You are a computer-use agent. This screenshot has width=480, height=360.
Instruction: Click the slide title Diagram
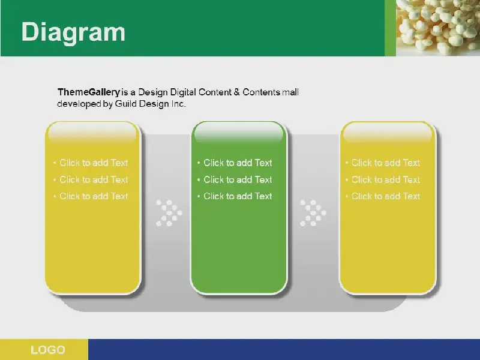[x=73, y=32]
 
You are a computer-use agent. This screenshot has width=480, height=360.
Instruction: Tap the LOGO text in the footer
[x=48, y=350]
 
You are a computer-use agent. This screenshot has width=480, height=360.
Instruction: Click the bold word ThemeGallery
[x=89, y=92]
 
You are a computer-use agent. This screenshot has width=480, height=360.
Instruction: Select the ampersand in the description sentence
[x=236, y=92]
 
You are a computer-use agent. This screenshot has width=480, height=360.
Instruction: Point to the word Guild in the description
[x=126, y=104]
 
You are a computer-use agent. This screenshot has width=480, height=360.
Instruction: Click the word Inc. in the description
[x=178, y=104]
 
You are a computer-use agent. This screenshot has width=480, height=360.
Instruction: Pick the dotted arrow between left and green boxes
[x=169, y=213]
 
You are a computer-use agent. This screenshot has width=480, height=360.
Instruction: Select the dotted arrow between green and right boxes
[x=313, y=213]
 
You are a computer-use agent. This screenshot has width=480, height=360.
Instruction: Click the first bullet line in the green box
[x=235, y=163]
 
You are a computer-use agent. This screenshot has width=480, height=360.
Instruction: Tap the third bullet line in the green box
[x=235, y=196]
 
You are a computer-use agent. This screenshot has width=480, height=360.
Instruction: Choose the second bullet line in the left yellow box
[x=91, y=179]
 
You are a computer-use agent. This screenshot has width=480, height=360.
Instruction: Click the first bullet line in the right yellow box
[x=383, y=163]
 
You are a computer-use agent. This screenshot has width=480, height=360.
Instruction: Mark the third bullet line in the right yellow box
[x=383, y=196]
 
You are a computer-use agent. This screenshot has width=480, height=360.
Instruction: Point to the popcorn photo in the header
[x=438, y=28]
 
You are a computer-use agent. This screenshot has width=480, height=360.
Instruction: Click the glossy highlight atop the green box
[x=239, y=133]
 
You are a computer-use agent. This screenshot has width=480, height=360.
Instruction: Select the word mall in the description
[x=290, y=92]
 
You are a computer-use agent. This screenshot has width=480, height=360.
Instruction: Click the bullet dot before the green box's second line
[x=199, y=179]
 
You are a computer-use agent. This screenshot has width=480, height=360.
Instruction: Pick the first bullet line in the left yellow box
[x=91, y=163]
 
